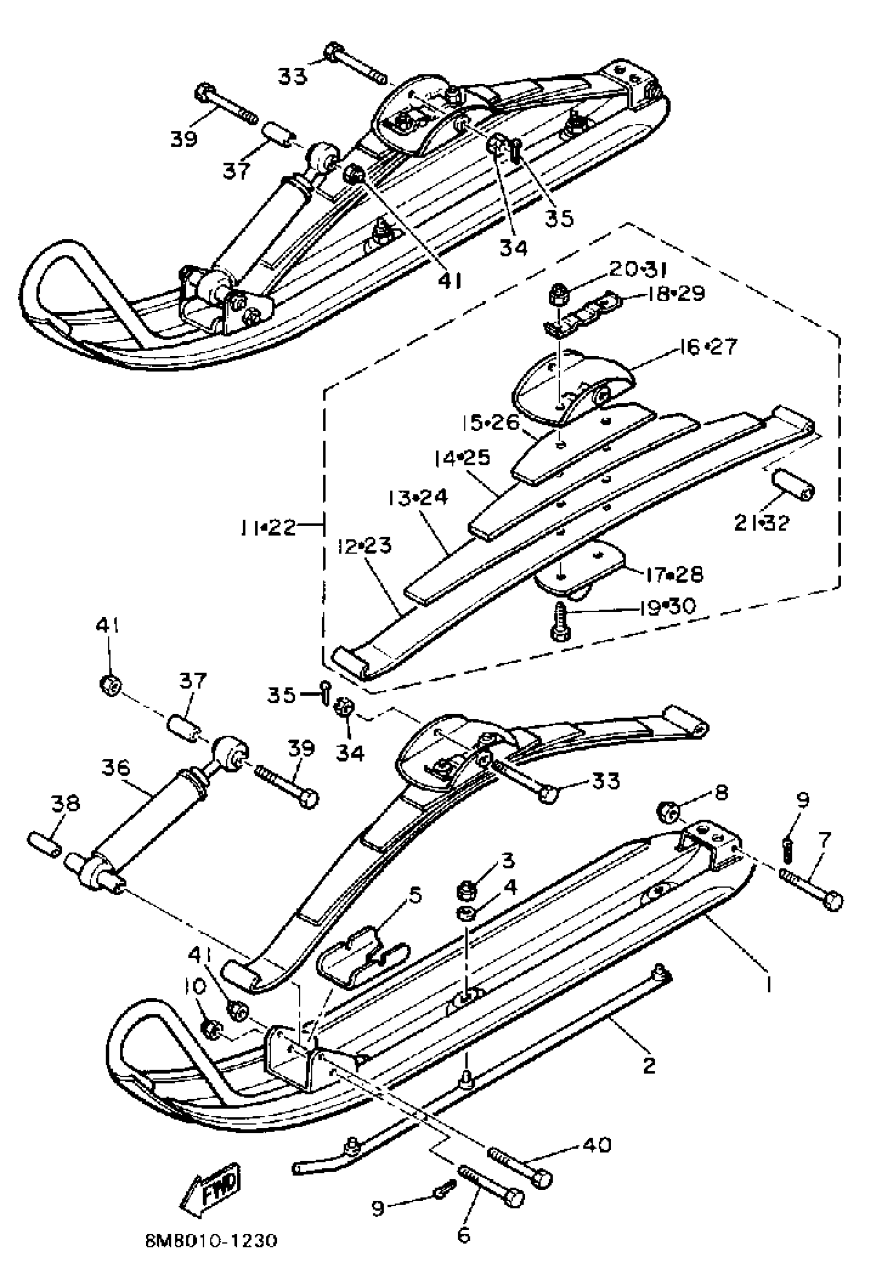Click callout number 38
[66, 805]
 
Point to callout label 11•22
[268, 527]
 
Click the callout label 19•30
[667, 607]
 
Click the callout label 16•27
[708, 347]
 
